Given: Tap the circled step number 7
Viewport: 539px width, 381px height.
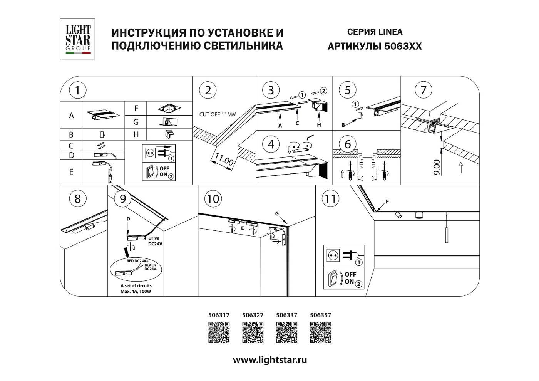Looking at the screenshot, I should [423, 90].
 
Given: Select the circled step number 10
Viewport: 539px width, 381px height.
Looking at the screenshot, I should [213, 199].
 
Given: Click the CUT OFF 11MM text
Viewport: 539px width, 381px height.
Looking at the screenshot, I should [218, 114].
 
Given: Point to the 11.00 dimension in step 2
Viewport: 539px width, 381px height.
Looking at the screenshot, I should [224, 159].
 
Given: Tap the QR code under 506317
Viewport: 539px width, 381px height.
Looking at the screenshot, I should [219, 332].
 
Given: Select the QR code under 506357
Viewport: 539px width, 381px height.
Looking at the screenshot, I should [320, 332].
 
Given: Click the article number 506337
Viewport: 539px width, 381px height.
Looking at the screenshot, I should [287, 315].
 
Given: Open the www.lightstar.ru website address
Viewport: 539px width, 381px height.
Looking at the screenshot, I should [270, 360].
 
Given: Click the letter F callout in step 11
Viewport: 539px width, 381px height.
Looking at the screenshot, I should [387, 201].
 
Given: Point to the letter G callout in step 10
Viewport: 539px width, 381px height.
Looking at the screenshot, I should [277, 213].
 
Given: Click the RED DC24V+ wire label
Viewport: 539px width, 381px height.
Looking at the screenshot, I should [137, 261].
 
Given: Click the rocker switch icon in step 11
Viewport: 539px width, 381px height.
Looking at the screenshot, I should [333, 279].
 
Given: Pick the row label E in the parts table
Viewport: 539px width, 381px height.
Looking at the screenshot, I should [71, 172].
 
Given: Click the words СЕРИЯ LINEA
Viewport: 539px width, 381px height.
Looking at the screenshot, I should [374, 32].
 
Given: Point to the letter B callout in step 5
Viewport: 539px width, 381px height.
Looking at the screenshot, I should [343, 125].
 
